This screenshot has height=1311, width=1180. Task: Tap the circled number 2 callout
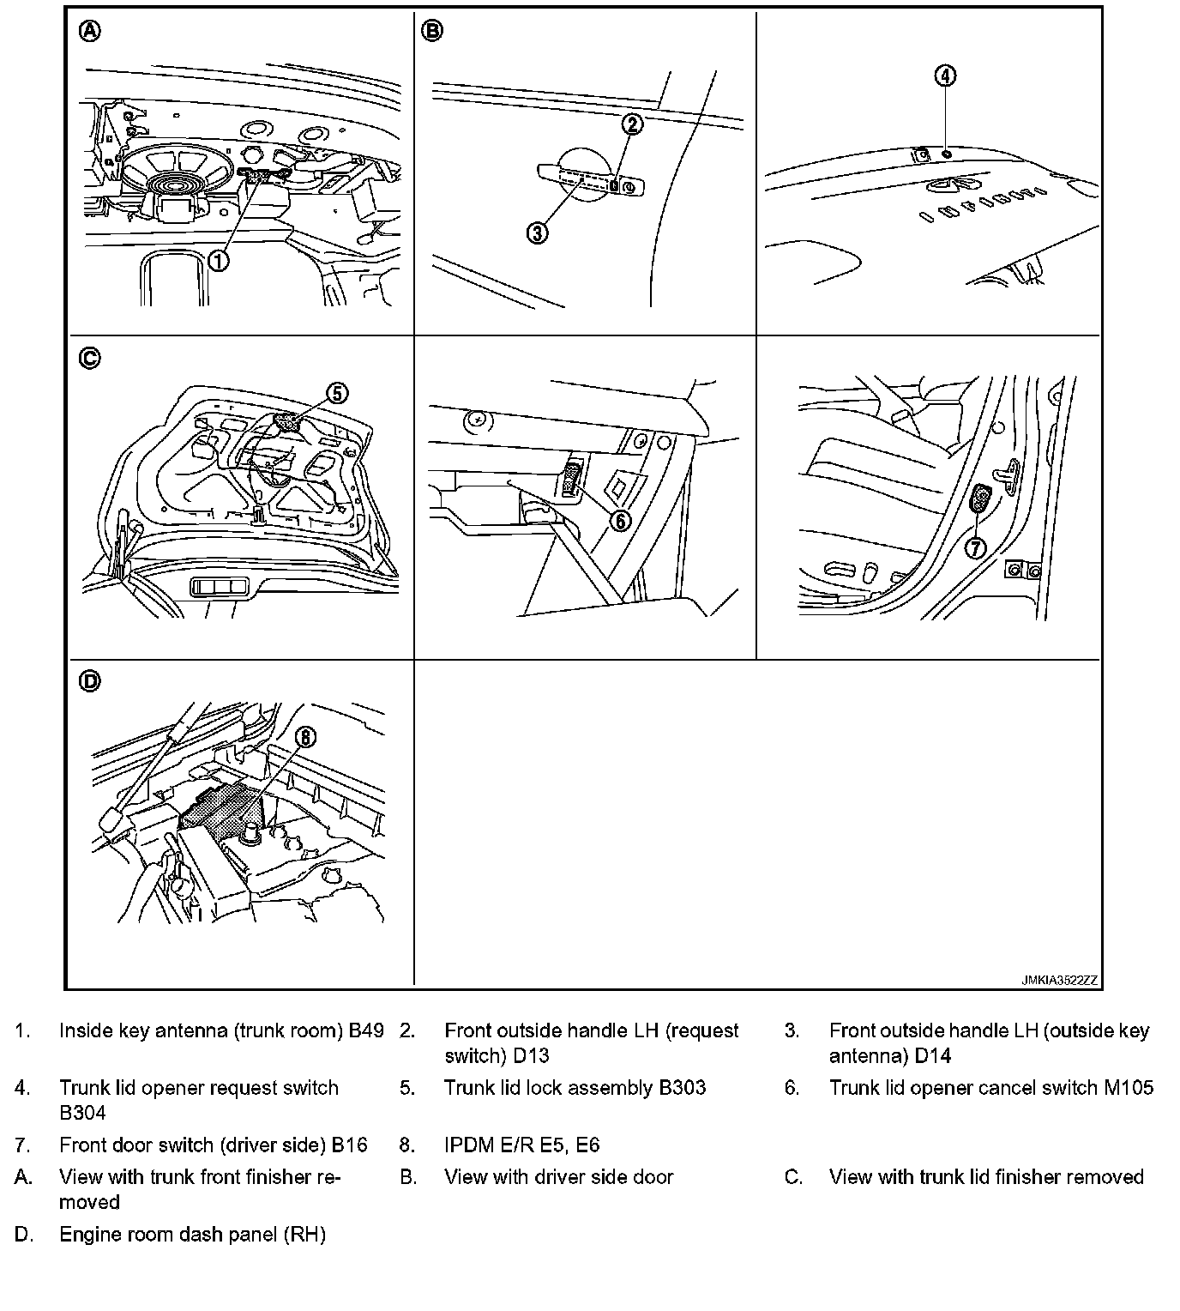[631, 124]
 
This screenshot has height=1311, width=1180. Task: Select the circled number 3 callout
[537, 232]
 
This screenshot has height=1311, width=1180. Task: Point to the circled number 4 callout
[943, 76]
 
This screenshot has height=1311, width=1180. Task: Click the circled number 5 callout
[337, 393]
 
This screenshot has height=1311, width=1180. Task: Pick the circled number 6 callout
[619, 521]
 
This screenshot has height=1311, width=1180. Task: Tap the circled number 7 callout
[975, 547]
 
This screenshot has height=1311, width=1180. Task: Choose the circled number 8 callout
[306, 737]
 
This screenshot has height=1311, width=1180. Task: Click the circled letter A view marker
[89, 32]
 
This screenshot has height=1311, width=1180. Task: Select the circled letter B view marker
[432, 32]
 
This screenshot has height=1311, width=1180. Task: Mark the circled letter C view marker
[89, 358]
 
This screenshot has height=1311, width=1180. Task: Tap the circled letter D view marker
[89, 681]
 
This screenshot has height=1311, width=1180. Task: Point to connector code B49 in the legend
[366, 1030]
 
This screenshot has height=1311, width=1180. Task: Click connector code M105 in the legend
[1129, 1088]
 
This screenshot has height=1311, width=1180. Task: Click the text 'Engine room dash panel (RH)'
[192, 1235]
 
